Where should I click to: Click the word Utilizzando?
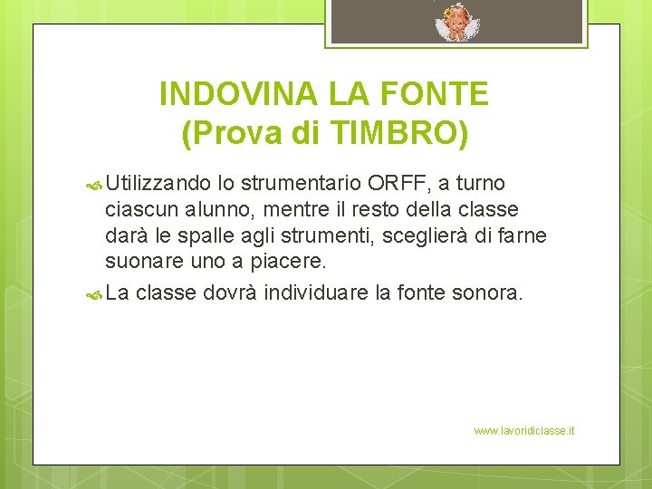tap(158, 184)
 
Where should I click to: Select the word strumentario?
tap(302, 184)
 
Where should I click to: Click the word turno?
tap(479, 184)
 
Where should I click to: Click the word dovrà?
tap(229, 292)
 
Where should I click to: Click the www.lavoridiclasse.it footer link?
tap(523, 431)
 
